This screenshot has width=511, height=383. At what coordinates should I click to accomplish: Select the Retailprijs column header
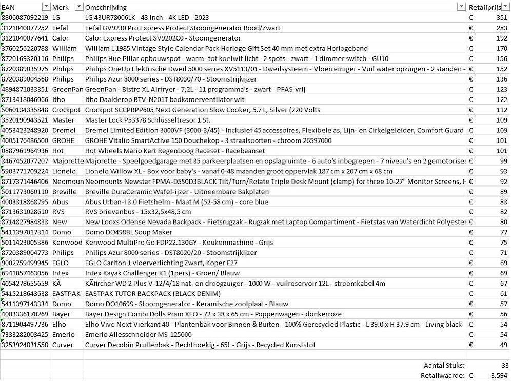484,7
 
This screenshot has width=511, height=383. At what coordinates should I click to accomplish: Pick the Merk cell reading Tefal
60,28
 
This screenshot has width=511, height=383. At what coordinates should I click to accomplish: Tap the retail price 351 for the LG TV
501,17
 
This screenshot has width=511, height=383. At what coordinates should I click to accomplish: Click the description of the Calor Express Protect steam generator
163,38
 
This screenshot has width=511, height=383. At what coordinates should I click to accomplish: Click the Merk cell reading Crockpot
66,110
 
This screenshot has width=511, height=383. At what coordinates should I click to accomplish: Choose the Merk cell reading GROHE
63,140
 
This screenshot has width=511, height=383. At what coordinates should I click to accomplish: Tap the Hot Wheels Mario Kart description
174,151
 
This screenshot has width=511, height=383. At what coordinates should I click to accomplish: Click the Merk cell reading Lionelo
64,171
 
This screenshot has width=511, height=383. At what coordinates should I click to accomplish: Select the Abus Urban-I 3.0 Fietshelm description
176,202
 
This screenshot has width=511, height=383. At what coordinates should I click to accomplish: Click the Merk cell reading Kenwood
67,243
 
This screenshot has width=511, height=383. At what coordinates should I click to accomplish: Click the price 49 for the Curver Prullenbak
503,345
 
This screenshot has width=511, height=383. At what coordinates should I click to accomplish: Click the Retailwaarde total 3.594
499,376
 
